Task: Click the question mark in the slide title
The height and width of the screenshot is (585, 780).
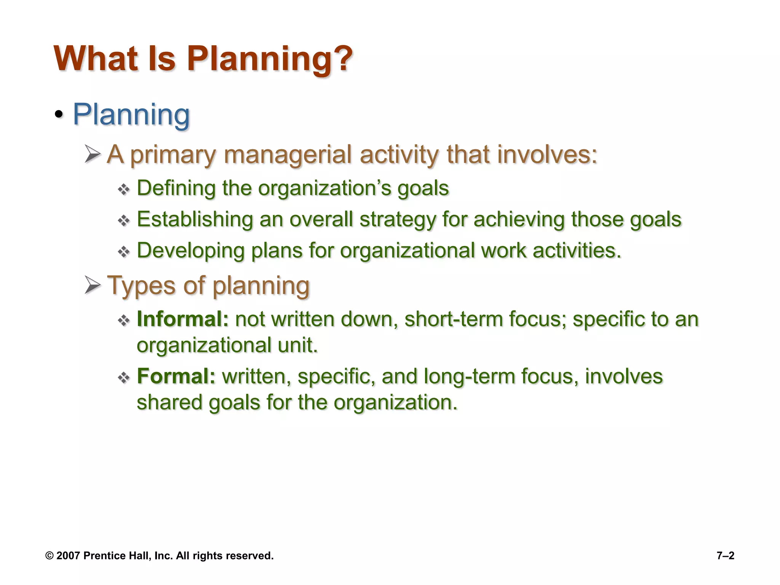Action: (340, 59)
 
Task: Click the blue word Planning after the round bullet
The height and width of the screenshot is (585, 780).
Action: (131, 114)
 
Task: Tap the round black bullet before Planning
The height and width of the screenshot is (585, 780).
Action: (58, 114)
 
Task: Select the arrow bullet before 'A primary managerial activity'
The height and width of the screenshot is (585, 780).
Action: (93, 154)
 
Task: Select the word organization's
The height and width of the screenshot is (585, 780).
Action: (324, 189)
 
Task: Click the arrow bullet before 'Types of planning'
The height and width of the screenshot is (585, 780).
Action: (93, 285)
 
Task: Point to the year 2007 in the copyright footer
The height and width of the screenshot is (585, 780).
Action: (68, 556)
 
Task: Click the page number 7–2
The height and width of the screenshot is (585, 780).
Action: (725, 556)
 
